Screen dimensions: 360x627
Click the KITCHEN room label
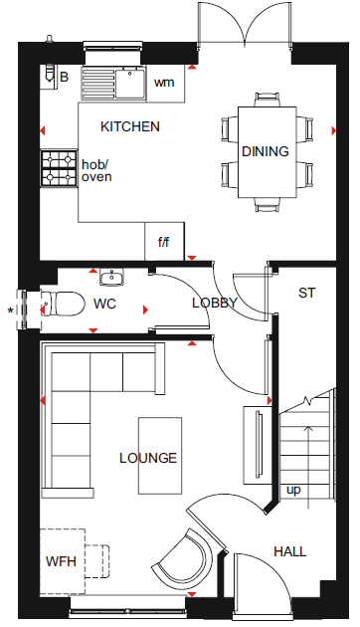pyautogui.click(x=130, y=126)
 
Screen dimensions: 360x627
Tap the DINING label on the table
pyautogui.click(x=266, y=151)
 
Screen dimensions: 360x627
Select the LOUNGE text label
pyautogui.click(x=148, y=458)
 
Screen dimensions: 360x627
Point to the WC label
pyautogui.click(x=104, y=304)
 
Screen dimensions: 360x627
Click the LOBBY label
pyautogui.click(x=215, y=303)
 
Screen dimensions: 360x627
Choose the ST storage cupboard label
pyautogui.click(x=306, y=293)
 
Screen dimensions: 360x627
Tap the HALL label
pyautogui.click(x=290, y=551)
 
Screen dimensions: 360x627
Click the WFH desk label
pyautogui.click(x=61, y=561)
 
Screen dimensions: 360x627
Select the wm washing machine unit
pyautogui.click(x=165, y=84)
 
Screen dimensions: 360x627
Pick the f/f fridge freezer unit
pyautogui.click(x=164, y=241)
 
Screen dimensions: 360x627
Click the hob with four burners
pyautogui.click(x=59, y=168)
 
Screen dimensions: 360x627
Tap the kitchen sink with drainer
pyautogui.click(x=114, y=84)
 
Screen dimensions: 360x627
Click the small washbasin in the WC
pyautogui.click(x=111, y=277)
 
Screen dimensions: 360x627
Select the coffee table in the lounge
pyautogui.click(x=160, y=456)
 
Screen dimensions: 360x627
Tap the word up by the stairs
pyautogui.click(x=293, y=491)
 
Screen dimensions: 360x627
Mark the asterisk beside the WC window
pyautogui.click(x=11, y=311)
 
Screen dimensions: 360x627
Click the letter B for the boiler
pyautogui.click(x=64, y=77)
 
